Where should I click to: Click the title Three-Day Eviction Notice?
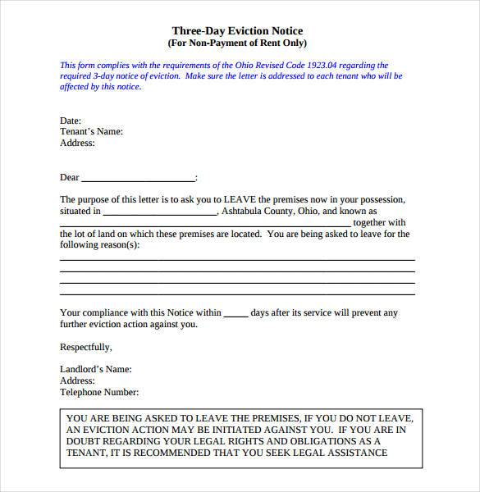pos(237,31)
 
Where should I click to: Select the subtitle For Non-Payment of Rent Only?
pos(237,43)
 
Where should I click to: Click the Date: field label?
pos(71,121)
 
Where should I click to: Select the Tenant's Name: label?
pos(91,131)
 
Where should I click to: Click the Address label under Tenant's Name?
pos(77,143)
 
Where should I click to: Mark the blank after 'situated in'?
pos(160,212)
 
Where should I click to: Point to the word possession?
pos(382,200)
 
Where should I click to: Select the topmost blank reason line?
pos(237,258)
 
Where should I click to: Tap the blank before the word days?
pos(235,314)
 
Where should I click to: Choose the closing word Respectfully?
pos(86,347)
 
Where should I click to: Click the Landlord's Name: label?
pos(95,370)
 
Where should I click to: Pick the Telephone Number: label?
pos(99,393)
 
